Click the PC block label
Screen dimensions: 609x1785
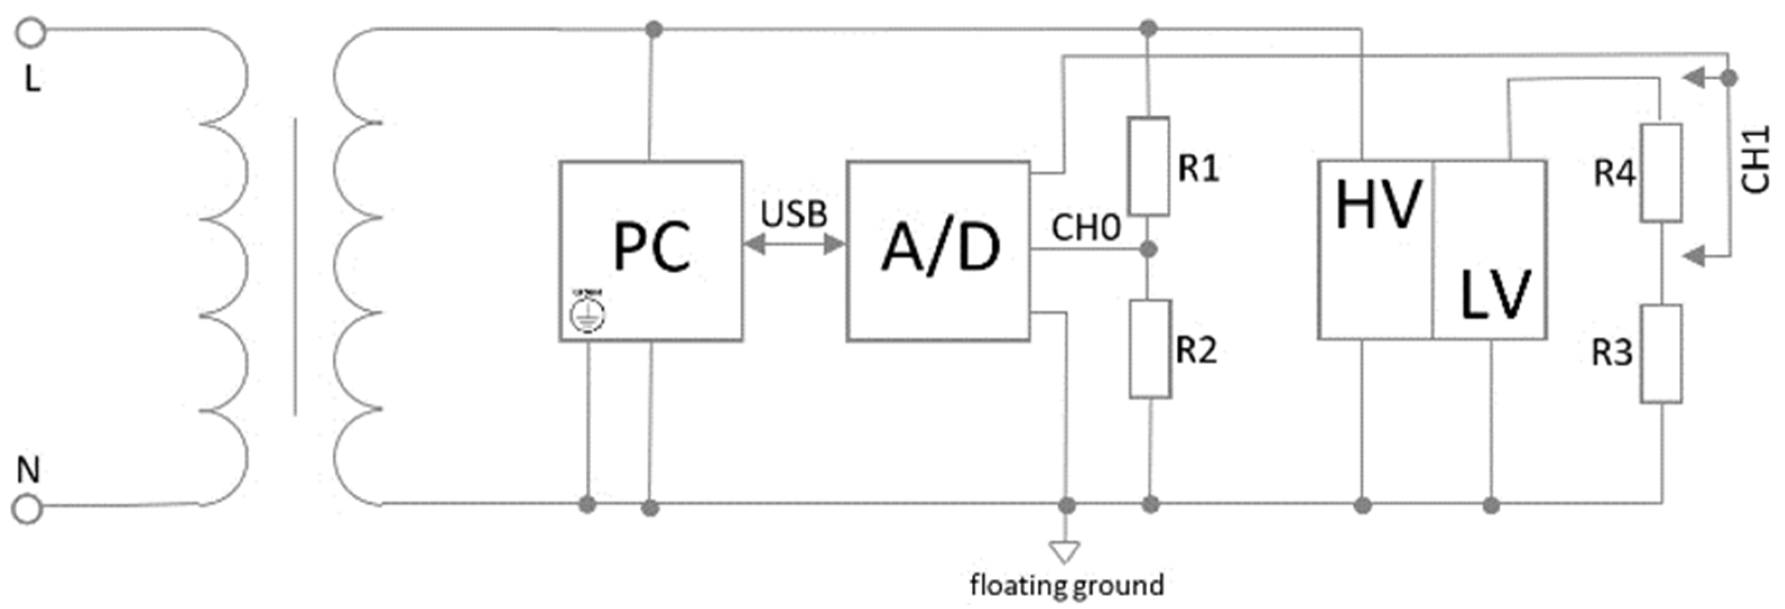tap(651, 247)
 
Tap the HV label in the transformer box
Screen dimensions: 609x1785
tap(1378, 205)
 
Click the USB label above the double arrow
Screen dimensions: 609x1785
tap(794, 214)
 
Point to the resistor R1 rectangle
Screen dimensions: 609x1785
tap(1149, 166)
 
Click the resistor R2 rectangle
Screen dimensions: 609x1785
tap(1150, 348)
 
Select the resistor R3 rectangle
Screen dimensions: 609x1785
tap(1660, 354)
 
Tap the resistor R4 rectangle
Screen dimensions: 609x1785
tap(1660, 173)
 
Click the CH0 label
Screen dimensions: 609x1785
tap(1085, 227)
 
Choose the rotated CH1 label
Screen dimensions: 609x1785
tap(1755, 159)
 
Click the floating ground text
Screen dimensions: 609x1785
tap(1067, 585)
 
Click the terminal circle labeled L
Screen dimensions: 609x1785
tap(30, 32)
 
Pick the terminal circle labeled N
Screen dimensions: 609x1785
tap(27, 509)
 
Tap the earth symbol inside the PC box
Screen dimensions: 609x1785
tap(587, 313)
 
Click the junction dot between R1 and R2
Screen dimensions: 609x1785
tap(1149, 249)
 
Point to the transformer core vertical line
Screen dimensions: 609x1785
tap(295, 267)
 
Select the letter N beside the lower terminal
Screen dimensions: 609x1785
tap(27, 471)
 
